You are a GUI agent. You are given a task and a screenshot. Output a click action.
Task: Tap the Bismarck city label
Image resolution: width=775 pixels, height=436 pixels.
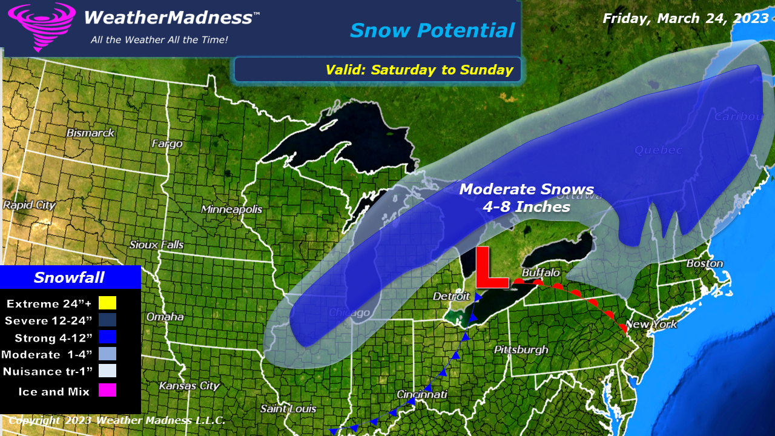90,132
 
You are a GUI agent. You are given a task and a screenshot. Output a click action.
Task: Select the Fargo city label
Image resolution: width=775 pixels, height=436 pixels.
167,144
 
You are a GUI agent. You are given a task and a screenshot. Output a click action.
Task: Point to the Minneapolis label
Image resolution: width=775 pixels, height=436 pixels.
232,209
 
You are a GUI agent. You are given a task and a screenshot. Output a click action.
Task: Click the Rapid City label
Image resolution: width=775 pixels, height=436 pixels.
29,205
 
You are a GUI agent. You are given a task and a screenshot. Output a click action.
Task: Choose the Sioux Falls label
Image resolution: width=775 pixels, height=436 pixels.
156,245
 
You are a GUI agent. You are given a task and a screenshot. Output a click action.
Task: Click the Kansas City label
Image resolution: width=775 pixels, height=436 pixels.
189,385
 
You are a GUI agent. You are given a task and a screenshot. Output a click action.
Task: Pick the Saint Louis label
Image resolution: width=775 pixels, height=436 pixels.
288,409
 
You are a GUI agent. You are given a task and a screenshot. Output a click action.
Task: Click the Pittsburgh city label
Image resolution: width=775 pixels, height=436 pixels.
521,349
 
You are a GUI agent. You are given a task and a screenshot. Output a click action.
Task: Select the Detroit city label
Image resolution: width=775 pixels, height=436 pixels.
452,296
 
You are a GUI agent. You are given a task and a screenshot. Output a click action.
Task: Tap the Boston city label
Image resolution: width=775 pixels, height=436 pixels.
704,263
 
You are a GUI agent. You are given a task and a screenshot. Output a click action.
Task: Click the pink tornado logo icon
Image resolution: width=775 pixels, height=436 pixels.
41,25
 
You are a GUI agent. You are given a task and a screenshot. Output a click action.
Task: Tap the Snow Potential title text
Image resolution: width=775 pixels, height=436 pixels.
432,30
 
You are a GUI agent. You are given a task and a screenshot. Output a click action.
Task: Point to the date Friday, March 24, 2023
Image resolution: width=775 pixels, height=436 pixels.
685,18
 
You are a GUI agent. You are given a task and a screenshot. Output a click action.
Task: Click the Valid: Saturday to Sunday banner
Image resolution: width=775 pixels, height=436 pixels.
419,70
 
